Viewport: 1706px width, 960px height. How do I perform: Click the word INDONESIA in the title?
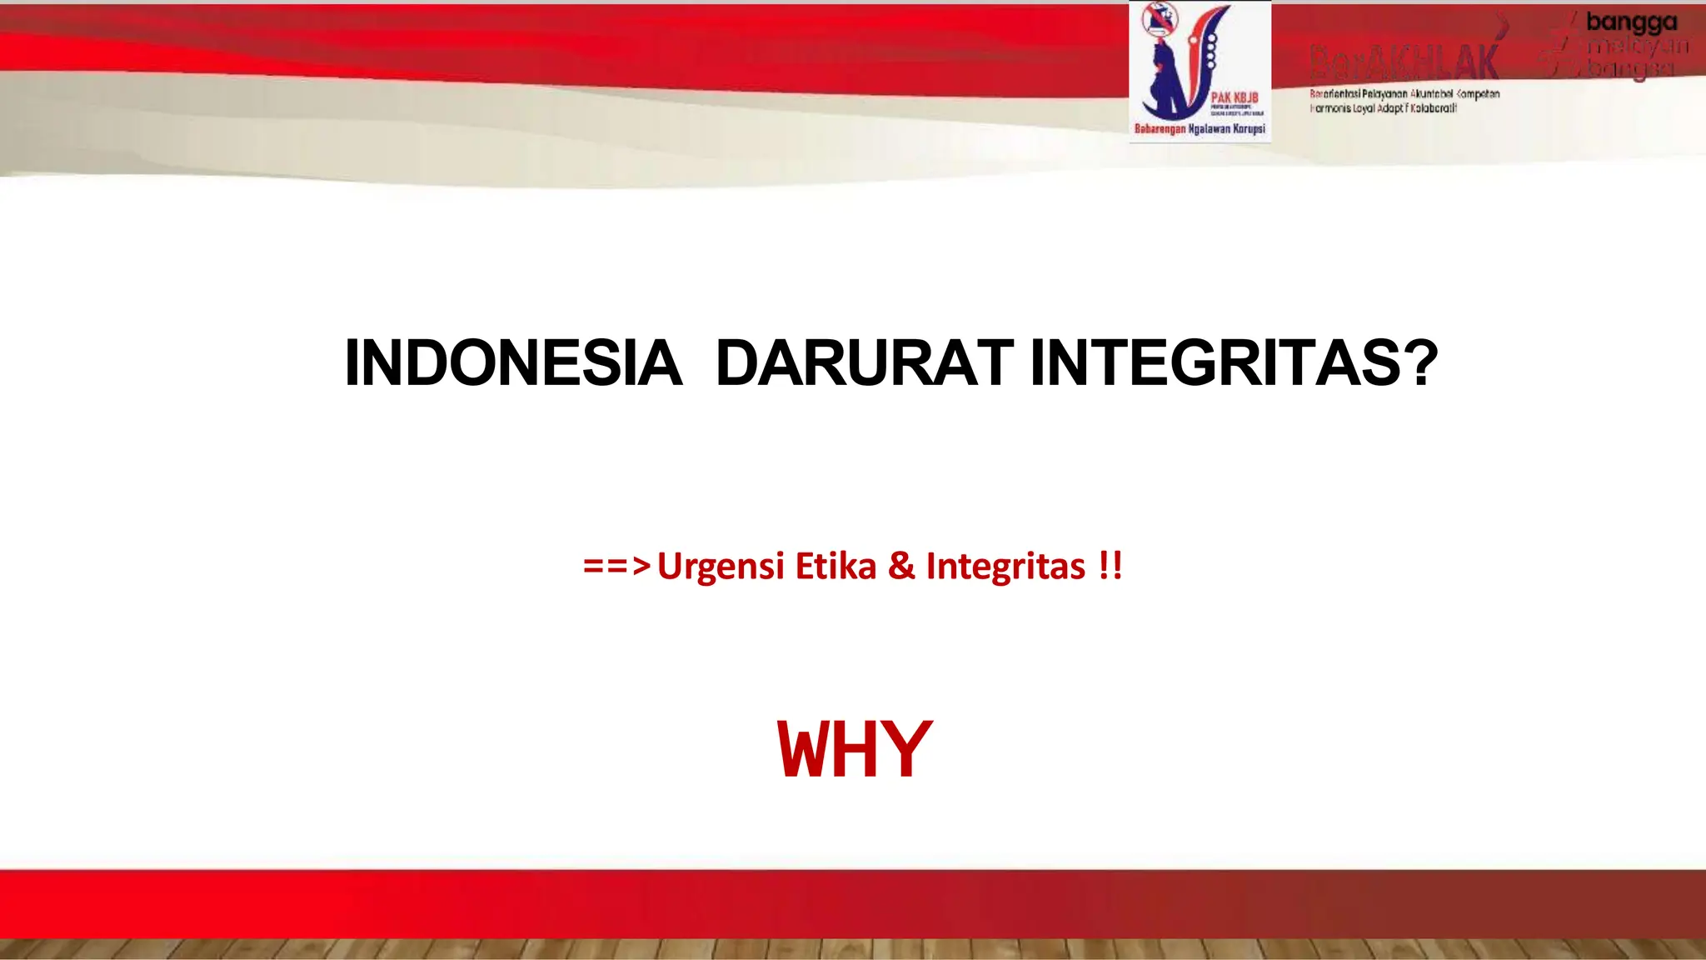coord(512,363)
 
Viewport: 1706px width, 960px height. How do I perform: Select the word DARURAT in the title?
coord(864,363)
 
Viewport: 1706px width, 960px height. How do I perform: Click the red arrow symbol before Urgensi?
coord(616,567)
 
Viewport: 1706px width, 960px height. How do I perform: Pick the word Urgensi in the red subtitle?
coord(721,567)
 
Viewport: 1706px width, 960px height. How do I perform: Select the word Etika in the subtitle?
coord(836,567)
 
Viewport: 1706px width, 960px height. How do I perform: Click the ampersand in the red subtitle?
coord(901,567)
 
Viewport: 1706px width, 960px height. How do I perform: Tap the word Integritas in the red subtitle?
coord(1005,567)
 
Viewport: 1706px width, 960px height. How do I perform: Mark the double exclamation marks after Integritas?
coord(1110,567)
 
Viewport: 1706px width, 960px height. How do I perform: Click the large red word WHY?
coord(854,750)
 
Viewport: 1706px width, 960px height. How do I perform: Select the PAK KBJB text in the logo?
coord(1235,98)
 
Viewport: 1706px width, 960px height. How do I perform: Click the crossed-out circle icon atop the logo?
coord(1160,17)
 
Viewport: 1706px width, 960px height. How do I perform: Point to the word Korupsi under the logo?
coord(1249,129)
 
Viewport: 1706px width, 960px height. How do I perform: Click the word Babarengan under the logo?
coord(1160,129)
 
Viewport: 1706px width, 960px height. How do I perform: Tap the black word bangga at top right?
coord(1631,22)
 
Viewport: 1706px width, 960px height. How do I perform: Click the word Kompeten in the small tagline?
coord(1478,94)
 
